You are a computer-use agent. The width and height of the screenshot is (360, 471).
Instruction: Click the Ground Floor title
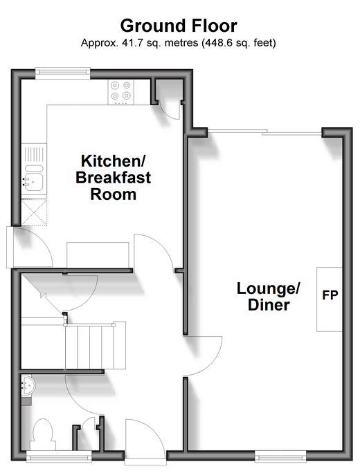coord(179,26)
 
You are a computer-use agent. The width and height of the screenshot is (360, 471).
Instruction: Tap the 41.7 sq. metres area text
coord(160,43)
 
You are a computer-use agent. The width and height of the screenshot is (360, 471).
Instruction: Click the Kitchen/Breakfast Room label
coord(114,178)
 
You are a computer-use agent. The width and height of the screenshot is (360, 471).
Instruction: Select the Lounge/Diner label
coord(269,296)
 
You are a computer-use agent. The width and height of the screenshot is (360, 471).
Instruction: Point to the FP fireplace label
coord(330,295)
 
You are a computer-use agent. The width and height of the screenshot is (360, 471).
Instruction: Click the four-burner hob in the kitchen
coord(121,92)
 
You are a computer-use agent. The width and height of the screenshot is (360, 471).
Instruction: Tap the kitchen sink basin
coord(34,178)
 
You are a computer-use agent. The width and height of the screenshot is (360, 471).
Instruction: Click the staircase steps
coord(96,345)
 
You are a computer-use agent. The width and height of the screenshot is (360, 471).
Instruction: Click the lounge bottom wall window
coord(280,456)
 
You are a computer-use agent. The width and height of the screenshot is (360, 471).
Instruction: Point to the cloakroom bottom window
coord(59,456)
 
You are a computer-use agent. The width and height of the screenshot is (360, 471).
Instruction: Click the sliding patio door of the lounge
coord(264,132)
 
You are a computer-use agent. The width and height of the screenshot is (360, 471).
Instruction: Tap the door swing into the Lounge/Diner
coord(203,356)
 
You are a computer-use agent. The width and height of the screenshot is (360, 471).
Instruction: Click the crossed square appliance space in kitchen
coord(34,212)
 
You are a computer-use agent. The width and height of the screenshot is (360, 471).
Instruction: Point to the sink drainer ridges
coord(34,154)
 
